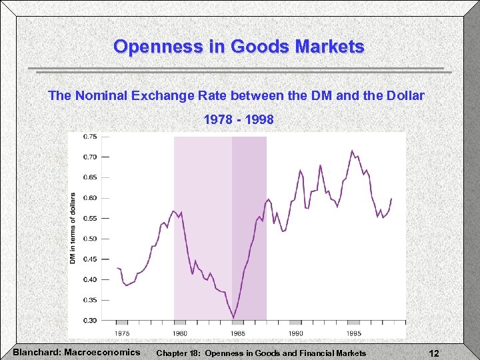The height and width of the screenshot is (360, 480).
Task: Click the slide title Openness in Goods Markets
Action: point(239,47)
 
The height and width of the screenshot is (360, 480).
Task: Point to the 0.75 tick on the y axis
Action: point(89,137)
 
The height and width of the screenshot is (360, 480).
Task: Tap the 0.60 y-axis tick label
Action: point(89,198)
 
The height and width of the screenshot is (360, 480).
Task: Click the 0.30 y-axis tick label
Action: point(89,321)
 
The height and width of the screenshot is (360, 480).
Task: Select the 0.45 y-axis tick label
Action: point(89,259)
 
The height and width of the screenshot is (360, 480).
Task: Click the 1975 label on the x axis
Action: point(122,333)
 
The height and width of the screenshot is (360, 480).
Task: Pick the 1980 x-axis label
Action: point(180,333)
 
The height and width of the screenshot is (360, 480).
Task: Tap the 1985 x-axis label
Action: point(238,333)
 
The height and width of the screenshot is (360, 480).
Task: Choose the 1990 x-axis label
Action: point(295,333)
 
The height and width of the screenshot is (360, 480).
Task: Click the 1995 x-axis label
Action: point(353,333)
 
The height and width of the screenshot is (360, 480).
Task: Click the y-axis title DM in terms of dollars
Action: point(73,228)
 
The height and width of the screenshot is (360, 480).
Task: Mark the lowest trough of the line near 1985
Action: point(233,317)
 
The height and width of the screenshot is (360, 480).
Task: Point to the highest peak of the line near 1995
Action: point(352,151)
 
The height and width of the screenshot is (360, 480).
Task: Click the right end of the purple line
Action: point(391,199)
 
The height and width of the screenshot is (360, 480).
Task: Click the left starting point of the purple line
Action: point(117,268)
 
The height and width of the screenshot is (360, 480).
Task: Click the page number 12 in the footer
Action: point(434,353)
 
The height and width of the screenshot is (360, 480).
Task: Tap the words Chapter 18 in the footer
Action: point(179,353)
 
